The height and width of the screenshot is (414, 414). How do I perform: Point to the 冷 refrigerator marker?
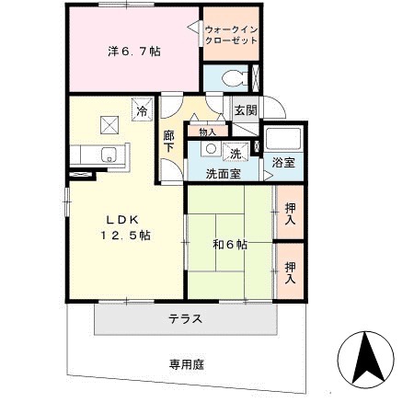[142, 111]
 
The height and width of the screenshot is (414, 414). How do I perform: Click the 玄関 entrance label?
[244, 110]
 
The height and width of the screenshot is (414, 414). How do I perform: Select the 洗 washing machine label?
[235, 153]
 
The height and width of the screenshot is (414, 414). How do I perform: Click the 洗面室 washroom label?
[223, 173]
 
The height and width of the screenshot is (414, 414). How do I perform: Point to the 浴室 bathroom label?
[283, 163]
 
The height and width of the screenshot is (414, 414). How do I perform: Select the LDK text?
[121, 219]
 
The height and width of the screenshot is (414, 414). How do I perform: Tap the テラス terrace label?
[185, 319]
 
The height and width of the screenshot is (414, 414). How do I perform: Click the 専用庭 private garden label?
[185, 364]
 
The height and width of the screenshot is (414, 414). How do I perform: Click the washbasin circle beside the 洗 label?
[211, 149]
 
